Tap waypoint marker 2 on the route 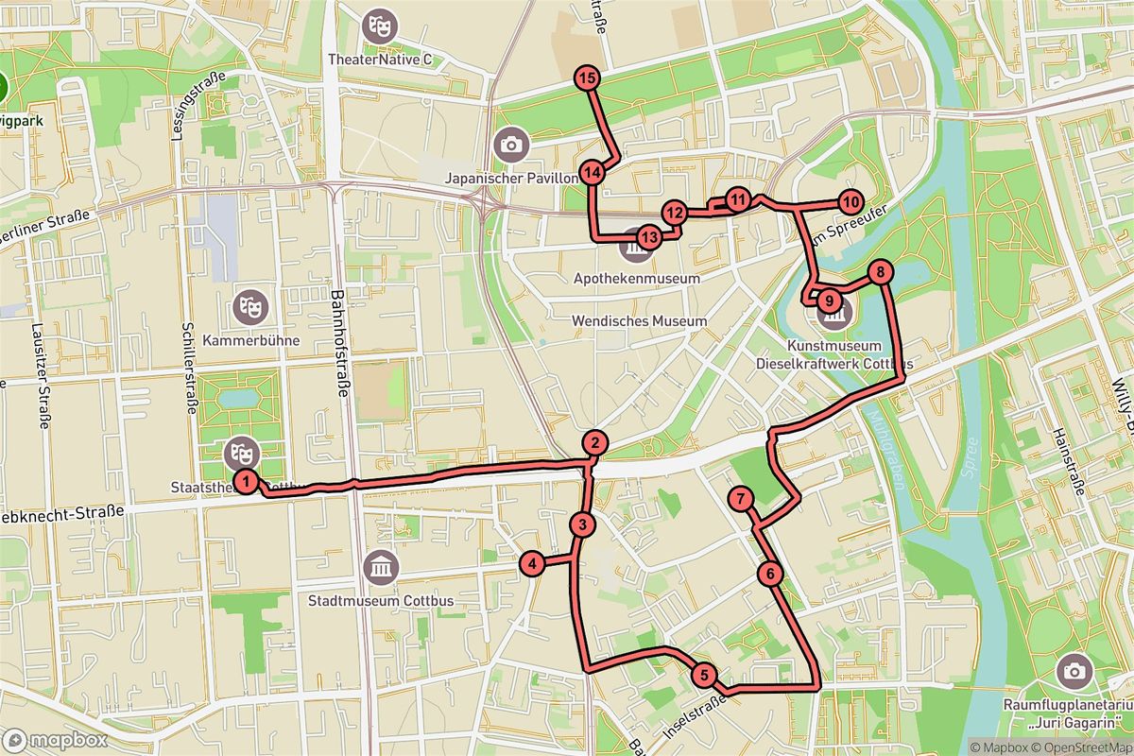pos(593,442)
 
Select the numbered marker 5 pos(704,676)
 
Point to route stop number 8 pos(880,273)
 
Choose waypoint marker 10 pos(850,201)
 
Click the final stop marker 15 pos(588,78)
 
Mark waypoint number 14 pos(593,173)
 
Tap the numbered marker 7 pos(742,499)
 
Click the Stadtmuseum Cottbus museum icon pos(381,567)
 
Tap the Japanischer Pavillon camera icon pos(511,145)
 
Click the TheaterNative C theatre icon pos(380,23)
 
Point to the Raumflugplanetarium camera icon pos(1073,671)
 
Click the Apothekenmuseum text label pos(637,279)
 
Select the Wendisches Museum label pos(639,321)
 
